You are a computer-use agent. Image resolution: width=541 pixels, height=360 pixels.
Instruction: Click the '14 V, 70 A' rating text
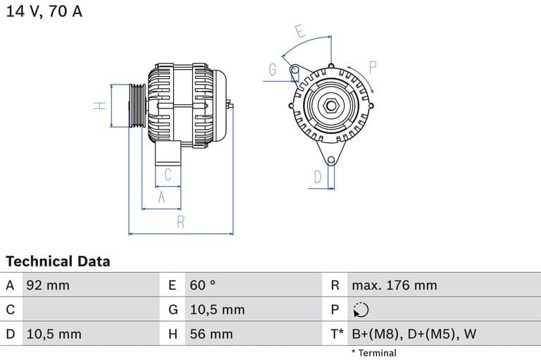[44, 12]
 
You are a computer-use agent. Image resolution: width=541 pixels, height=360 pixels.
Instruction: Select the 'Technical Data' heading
[58, 261]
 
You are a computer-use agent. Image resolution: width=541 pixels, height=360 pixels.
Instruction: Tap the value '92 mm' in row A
[47, 285]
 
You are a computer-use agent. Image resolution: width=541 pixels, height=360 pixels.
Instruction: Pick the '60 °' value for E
[202, 285]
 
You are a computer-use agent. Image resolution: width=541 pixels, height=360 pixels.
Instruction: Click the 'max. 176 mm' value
[394, 285]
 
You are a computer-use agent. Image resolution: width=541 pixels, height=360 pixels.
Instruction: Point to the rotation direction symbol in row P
[360, 310]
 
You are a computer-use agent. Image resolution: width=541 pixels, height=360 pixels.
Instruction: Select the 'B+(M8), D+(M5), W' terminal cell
[413, 334]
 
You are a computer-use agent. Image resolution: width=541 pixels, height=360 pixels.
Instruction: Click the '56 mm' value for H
[211, 334]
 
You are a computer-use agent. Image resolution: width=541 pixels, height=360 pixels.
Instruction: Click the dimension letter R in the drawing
[180, 222]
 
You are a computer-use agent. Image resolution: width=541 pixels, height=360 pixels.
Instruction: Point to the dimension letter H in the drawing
[100, 106]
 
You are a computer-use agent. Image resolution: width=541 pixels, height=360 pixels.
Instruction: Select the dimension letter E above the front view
[299, 32]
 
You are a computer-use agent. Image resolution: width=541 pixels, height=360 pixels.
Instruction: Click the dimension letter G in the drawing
[273, 70]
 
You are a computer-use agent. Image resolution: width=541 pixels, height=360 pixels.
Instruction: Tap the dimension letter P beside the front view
[373, 67]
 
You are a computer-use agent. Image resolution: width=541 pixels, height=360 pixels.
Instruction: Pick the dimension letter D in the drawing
[318, 177]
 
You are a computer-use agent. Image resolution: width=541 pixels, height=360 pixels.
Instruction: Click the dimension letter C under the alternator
[168, 175]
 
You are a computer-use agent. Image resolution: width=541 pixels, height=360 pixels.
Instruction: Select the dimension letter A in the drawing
[161, 198]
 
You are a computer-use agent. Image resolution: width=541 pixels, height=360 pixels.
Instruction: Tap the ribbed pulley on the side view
[137, 106]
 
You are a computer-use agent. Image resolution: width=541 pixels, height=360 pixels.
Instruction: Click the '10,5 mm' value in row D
[54, 334]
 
